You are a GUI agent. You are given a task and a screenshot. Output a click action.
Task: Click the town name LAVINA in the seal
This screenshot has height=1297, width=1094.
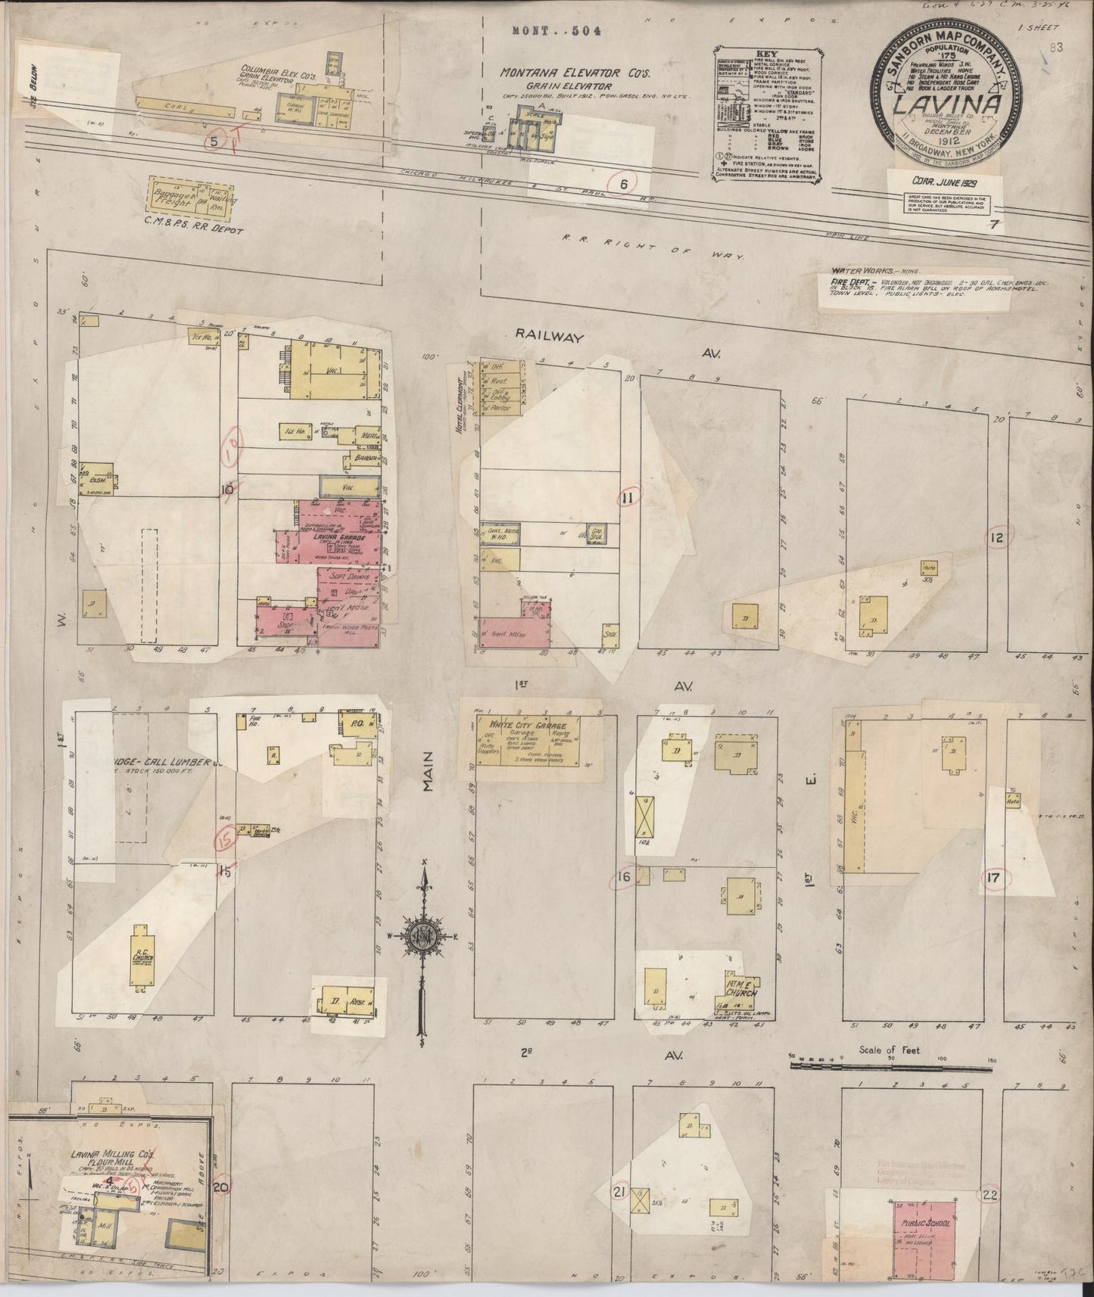(949, 103)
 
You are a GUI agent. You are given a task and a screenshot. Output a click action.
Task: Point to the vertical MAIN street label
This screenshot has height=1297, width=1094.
(430, 772)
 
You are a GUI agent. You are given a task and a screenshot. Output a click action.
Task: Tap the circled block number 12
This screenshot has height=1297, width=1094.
(996, 537)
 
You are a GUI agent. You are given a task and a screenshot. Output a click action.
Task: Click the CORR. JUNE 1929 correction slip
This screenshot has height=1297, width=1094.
(940, 181)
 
